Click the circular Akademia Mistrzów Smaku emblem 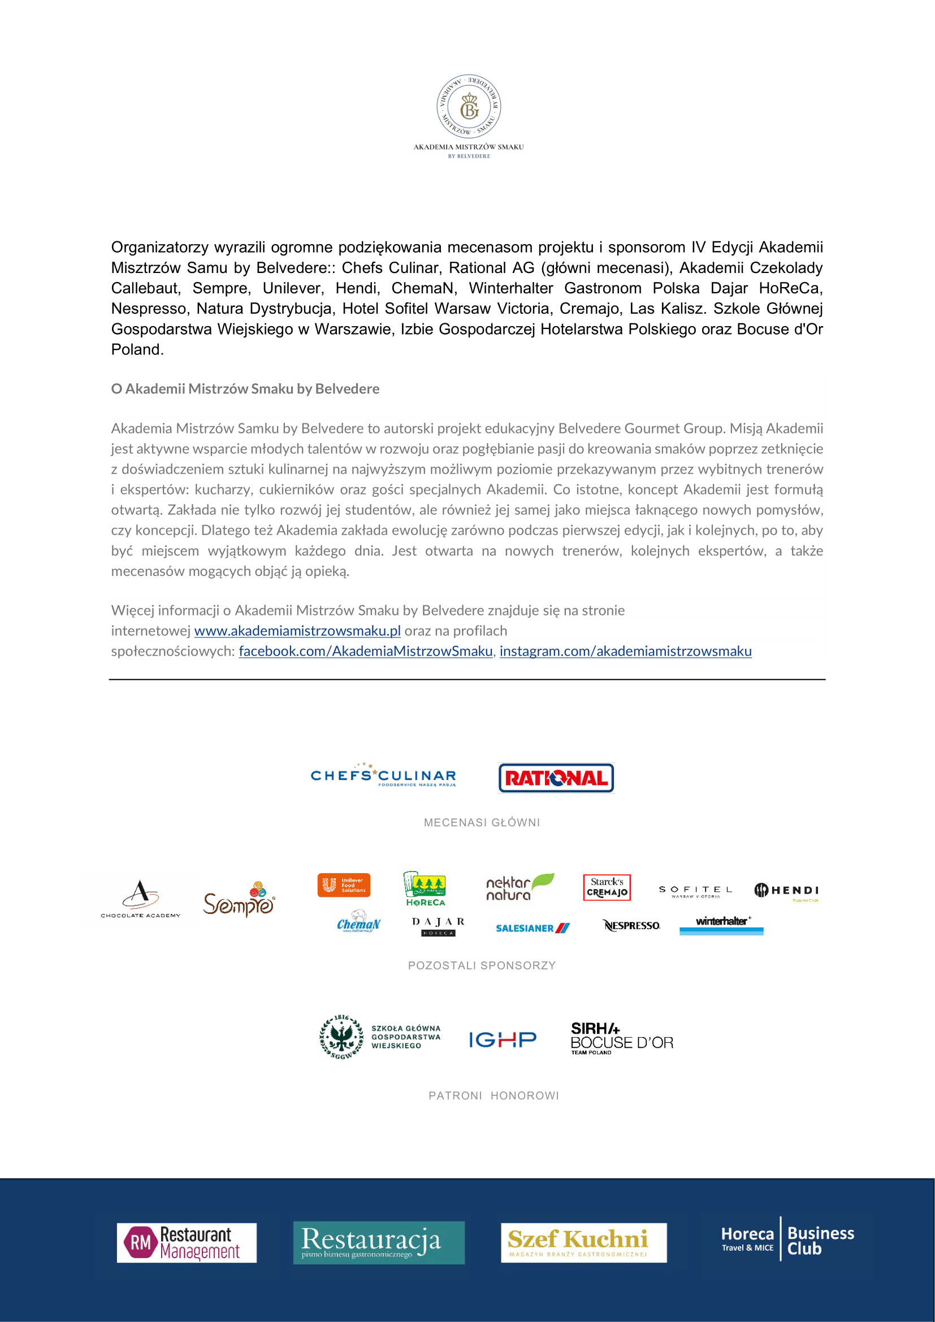[x=469, y=107]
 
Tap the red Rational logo [x=556, y=778]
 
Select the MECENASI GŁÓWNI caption [x=482, y=823]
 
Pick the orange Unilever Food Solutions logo [x=344, y=885]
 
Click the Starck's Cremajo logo [x=607, y=887]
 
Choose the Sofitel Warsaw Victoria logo [x=695, y=891]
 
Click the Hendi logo [x=786, y=891]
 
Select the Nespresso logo [x=631, y=925]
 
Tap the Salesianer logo [x=533, y=928]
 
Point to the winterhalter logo [x=721, y=925]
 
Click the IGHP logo [x=503, y=1039]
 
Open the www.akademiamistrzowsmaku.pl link [x=297, y=631]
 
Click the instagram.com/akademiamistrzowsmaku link [x=625, y=651]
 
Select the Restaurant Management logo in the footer [x=187, y=1243]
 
